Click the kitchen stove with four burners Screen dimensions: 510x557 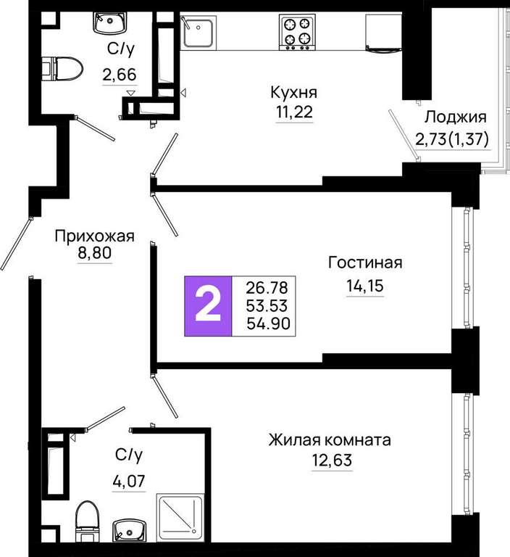tap(297, 32)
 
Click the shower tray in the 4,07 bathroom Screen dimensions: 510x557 tap(180, 517)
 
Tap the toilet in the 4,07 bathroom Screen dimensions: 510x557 tap(88, 521)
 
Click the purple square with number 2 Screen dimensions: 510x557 tap(208, 306)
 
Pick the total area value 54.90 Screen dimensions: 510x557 tap(268, 323)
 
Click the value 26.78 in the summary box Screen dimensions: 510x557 tap(267, 288)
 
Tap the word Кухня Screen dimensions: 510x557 tap(294, 92)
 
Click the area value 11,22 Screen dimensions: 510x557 tap(295, 112)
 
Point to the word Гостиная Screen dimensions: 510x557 tap(365, 263)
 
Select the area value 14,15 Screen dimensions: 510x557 tap(365, 286)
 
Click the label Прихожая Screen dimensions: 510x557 tap(95, 236)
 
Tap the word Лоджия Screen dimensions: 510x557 tap(456, 117)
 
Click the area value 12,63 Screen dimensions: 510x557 tap(333, 460)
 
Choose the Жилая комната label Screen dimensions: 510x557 tap(330, 440)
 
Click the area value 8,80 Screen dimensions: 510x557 tap(95, 253)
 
